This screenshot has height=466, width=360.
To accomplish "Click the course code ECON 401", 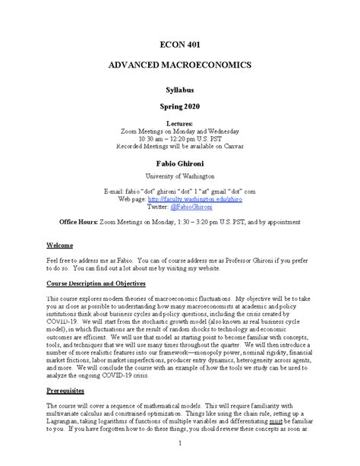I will coord(179,44).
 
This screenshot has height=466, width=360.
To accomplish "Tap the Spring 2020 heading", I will coord(179,107).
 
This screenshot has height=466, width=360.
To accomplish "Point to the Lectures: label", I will coord(179,122).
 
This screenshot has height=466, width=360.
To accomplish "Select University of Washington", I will coord(179,176).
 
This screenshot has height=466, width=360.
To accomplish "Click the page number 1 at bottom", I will coord(180,442).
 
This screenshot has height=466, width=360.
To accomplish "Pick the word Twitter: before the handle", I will coord(157,206).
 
